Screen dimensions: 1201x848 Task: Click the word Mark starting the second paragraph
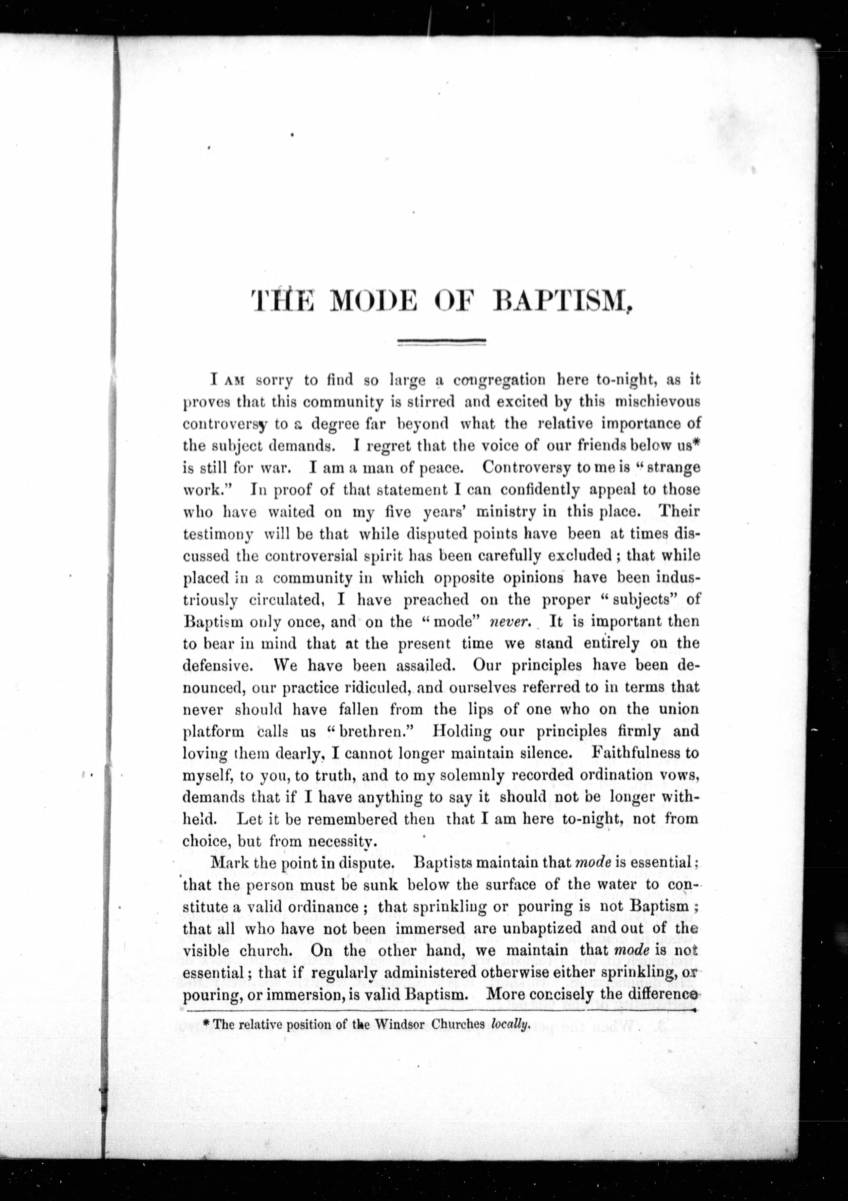(x=228, y=863)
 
